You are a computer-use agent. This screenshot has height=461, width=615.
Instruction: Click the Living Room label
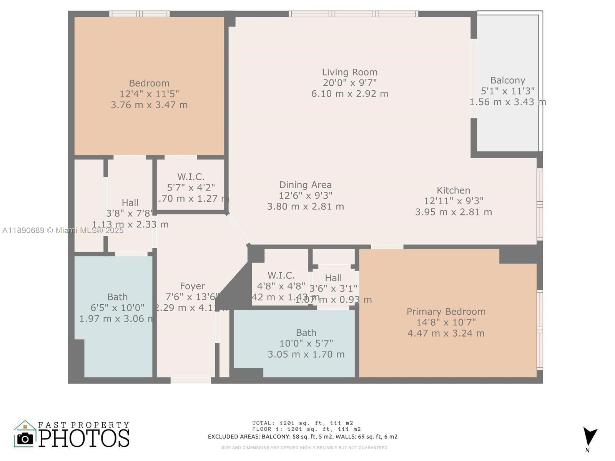(349, 72)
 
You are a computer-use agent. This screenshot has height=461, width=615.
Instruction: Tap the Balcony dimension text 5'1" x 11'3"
(507, 91)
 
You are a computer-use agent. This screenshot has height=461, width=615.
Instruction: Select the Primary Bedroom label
(446, 312)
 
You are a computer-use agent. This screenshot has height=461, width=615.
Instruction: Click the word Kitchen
(453, 190)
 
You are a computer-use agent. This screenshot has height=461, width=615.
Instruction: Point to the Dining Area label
(305, 185)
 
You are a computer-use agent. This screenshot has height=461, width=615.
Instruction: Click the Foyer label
(192, 286)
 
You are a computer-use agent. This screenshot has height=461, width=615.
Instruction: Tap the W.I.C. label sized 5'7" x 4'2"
(191, 177)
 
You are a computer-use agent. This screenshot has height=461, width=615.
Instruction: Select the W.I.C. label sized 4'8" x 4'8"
(281, 275)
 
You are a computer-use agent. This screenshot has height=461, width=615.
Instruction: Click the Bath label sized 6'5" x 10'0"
(117, 297)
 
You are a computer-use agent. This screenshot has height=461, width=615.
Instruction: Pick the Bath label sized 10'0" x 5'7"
(306, 333)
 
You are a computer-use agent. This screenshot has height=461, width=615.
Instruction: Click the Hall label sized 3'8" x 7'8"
(130, 203)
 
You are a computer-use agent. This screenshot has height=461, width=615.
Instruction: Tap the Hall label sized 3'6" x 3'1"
(333, 278)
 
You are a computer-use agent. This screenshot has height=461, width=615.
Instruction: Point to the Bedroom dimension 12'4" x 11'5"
(149, 94)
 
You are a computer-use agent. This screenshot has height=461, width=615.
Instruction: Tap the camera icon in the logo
(25, 438)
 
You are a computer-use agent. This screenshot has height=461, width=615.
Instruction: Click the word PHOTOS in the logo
(84, 438)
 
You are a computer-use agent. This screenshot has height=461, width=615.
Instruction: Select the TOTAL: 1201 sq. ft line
(303, 423)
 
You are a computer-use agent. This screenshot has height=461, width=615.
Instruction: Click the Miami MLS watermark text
(63, 230)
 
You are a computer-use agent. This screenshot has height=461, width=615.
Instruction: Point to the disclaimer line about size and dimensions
(304, 448)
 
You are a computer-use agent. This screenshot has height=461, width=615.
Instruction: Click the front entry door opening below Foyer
(191, 380)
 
